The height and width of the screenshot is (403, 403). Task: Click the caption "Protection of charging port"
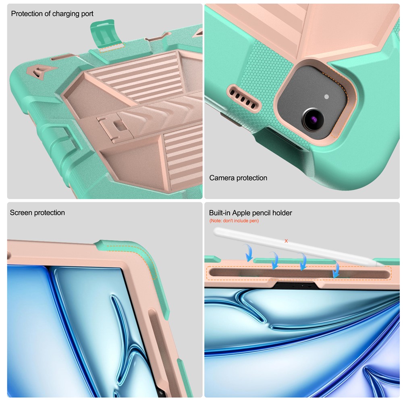point(52,14)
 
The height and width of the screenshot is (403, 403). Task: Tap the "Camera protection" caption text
point(238,178)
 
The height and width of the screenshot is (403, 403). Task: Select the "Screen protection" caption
point(37,212)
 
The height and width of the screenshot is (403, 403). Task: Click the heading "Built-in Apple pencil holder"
point(250,213)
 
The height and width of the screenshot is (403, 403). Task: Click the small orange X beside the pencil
point(286,241)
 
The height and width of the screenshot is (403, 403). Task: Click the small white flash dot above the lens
point(327,97)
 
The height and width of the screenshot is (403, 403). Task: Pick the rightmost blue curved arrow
point(336,270)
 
